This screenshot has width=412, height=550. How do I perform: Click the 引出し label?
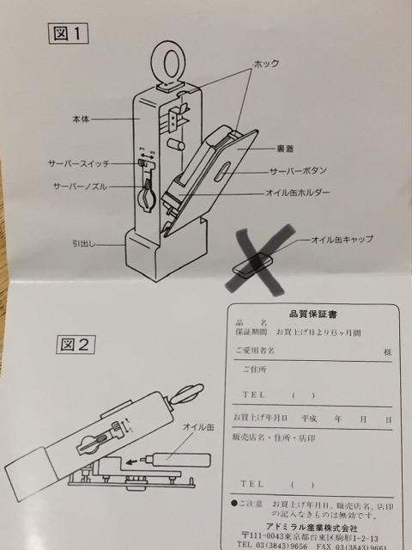pyautogui.click(x=86, y=243)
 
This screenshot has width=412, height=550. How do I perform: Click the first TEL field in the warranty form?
pyautogui.click(x=257, y=395)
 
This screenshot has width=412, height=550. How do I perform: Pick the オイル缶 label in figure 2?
pyautogui.click(x=199, y=426)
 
